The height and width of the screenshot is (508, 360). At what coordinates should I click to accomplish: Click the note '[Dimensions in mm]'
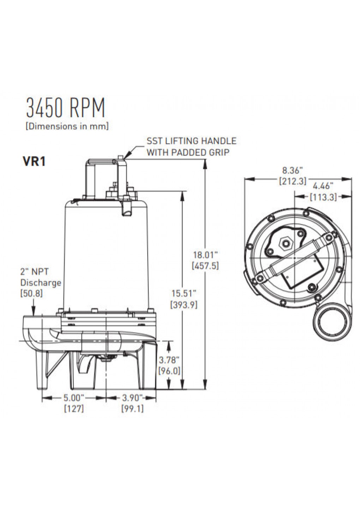(x=67, y=126)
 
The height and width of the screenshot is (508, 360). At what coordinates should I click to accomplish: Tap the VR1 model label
(x=34, y=162)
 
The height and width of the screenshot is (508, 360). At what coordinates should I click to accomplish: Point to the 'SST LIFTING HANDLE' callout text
(x=191, y=141)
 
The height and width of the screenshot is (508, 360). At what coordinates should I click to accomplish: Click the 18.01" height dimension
(x=205, y=254)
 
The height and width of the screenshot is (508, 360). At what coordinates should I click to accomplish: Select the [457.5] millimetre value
(x=205, y=266)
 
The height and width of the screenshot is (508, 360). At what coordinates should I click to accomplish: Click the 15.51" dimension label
(x=184, y=293)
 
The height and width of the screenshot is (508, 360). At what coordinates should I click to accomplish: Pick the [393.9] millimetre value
(x=184, y=304)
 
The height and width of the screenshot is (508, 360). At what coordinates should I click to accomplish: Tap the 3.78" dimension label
(x=169, y=360)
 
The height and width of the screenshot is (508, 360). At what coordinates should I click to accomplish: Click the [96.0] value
(x=169, y=371)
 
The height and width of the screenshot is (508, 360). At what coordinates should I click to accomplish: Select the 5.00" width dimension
(x=74, y=398)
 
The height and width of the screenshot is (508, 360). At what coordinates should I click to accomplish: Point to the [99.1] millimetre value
(x=132, y=409)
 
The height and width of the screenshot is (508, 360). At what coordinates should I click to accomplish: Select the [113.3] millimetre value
(x=323, y=197)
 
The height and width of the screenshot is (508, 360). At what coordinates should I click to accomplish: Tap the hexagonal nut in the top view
(x=284, y=243)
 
